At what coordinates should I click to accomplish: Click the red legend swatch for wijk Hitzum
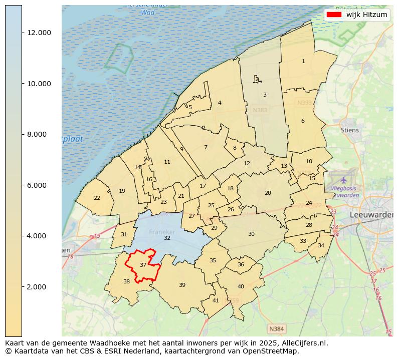click(x=334, y=15)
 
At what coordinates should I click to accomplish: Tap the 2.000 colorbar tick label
click(x=39, y=287)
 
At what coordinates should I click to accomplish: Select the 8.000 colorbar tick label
click(x=39, y=134)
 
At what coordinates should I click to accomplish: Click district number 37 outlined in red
click(x=143, y=265)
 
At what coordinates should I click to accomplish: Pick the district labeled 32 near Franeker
click(x=167, y=238)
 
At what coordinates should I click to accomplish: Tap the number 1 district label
click(x=303, y=61)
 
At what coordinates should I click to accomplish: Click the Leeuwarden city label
click(x=371, y=214)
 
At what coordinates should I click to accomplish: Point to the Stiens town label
click(x=350, y=130)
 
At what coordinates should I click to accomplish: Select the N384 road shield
click(x=276, y=329)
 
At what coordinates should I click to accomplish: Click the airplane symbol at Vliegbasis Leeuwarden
click(x=344, y=179)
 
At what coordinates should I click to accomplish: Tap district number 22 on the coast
click(x=97, y=198)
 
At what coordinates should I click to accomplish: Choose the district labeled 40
click(x=241, y=286)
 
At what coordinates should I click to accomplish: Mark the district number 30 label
click(x=251, y=234)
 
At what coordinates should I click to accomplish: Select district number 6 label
click(x=303, y=121)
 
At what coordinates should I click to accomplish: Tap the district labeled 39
click(x=182, y=285)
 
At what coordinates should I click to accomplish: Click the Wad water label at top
click(x=147, y=12)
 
